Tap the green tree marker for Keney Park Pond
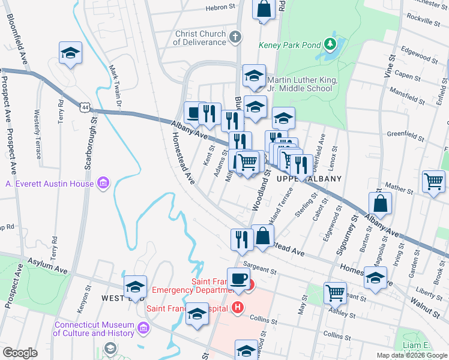329,44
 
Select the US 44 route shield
85,106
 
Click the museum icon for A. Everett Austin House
103,182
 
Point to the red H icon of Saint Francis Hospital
238,308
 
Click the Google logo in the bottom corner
20,353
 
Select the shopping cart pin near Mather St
433,182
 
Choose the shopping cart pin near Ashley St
335,293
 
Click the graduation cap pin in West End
135,286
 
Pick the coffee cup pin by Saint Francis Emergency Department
238,279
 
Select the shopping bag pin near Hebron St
263,10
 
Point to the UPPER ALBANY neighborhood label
309,179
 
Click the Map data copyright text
412,355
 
